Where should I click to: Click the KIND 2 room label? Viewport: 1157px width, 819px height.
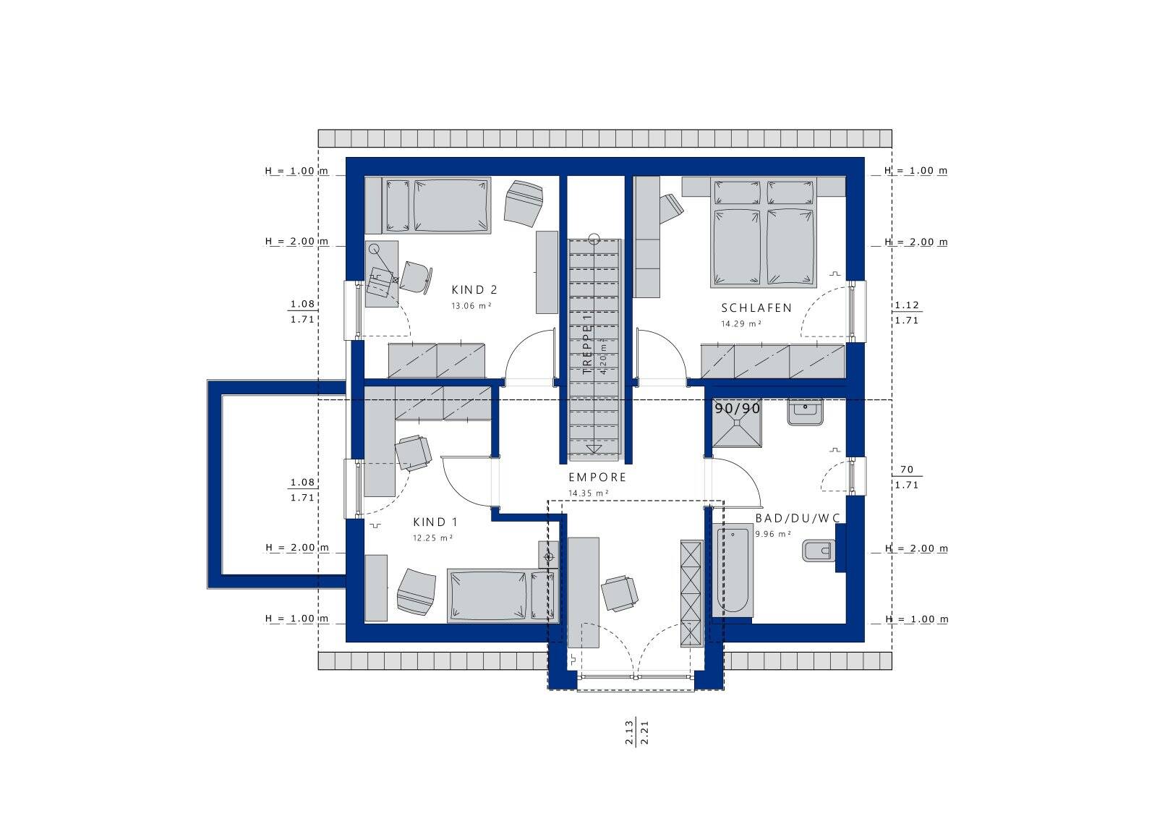click(474, 290)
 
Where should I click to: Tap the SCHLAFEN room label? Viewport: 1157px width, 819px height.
click(756, 308)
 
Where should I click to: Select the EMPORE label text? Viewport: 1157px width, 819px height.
click(597, 478)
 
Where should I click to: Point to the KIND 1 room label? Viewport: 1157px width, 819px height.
click(435, 522)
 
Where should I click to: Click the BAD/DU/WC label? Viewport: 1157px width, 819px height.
click(798, 518)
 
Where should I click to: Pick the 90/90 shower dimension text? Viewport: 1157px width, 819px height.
click(737, 409)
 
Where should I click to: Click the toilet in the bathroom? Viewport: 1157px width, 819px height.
click(818, 551)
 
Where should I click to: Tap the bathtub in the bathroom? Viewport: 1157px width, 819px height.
click(733, 570)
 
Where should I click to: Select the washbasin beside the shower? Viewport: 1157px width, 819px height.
click(805, 412)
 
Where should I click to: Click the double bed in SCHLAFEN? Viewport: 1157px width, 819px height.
click(763, 232)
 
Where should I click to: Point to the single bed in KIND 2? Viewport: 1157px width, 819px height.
click(427, 205)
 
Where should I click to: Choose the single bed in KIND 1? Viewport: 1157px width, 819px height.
click(503, 595)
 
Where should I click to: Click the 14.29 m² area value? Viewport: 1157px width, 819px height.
click(741, 324)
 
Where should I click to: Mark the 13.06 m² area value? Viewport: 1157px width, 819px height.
click(471, 306)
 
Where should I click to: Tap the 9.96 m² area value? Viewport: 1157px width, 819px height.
click(773, 534)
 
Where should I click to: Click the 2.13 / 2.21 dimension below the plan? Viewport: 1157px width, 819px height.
click(636, 733)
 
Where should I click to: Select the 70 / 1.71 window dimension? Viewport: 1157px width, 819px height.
click(907, 477)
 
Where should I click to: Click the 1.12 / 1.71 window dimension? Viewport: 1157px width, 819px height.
click(907, 313)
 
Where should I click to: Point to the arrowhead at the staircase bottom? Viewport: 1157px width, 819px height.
click(594, 449)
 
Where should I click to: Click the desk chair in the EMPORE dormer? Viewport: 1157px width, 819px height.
click(619, 593)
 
